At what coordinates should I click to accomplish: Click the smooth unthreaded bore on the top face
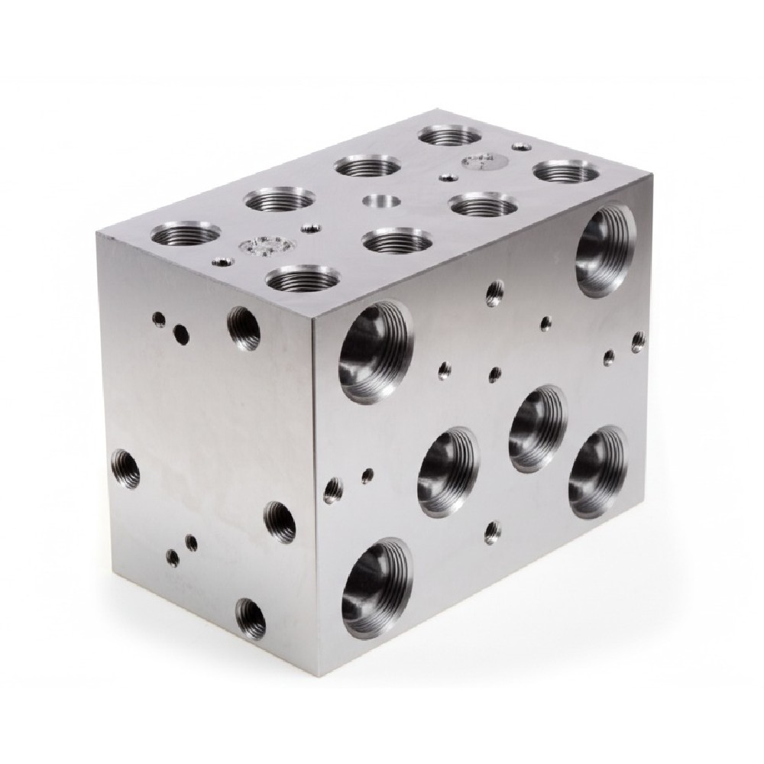(382, 202)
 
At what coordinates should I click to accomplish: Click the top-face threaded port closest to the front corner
(304, 278)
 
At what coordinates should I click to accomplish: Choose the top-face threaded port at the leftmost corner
(184, 232)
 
